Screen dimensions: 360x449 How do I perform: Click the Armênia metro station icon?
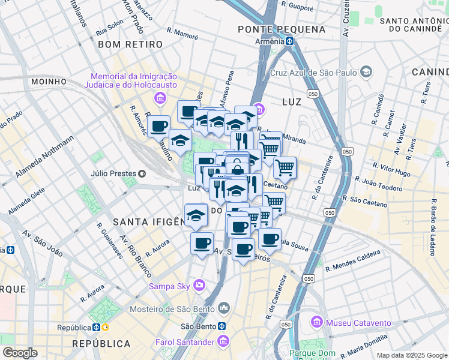click(x=289, y=41)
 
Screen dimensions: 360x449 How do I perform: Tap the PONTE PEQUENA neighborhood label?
click(x=282, y=29)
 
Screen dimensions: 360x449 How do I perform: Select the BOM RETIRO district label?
click(x=130, y=44)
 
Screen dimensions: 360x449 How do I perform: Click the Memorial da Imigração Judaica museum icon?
click(x=160, y=98)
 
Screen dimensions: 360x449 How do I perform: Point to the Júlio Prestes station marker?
click(x=142, y=174)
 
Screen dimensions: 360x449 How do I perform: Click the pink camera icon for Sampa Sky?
click(x=199, y=285)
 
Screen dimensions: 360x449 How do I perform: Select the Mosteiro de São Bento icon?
click(x=224, y=309)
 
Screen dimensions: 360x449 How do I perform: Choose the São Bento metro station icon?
click(x=221, y=326)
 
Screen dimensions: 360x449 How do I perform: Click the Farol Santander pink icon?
click(x=223, y=342)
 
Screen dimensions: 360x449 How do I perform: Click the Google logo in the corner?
click(x=20, y=353)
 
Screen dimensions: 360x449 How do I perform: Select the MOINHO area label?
click(x=48, y=82)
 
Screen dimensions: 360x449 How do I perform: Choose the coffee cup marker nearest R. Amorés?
click(x=158, y=126)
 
